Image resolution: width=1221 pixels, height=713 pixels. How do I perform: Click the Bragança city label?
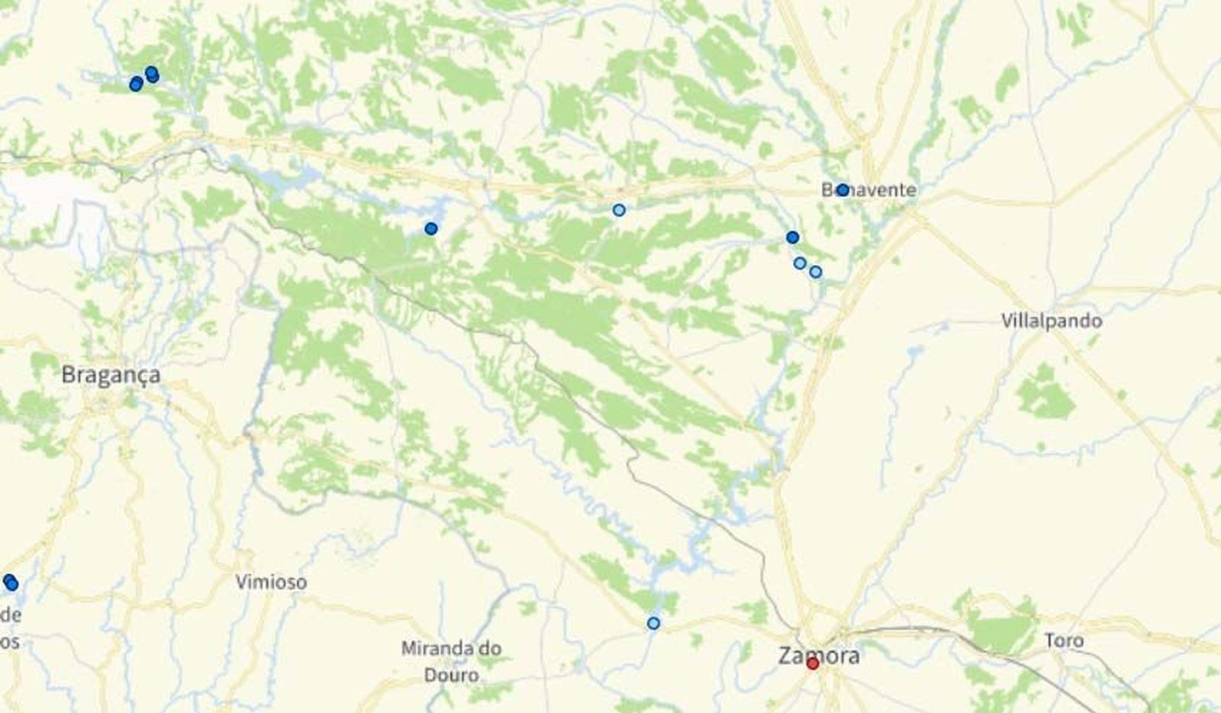[111, 375]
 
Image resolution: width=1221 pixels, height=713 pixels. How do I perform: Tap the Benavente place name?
[870, 190]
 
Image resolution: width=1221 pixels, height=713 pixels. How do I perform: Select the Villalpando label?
[1051, 321]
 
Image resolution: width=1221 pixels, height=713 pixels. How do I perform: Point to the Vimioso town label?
[271, 582]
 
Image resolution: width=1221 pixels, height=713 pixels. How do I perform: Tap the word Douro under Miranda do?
[452, 675]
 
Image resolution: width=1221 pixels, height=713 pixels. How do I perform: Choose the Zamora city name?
[818, 655]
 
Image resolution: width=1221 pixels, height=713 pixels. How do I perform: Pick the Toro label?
[1064, 640]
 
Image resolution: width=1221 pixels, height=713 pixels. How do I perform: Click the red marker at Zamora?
[813, 664]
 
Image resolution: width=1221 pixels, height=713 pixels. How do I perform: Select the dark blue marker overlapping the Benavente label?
[842, 190]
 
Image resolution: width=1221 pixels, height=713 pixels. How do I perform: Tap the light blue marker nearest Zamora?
[653, 624]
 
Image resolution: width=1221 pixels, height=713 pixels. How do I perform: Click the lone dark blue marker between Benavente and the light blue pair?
[792, 237]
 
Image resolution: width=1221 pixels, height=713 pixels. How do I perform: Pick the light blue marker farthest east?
[816, 272]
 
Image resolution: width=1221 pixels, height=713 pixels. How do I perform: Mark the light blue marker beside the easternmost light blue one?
[800, 263]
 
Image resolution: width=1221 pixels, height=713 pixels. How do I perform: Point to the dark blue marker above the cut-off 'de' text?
[10, 583]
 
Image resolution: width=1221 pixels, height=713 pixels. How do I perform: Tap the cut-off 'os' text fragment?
[8, 640]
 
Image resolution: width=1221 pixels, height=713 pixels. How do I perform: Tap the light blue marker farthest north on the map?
[619, 210]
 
